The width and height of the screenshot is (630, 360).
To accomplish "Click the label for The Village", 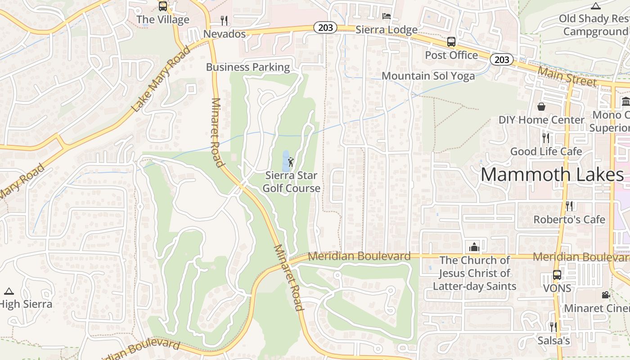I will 162,20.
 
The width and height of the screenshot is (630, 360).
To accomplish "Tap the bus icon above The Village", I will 163,6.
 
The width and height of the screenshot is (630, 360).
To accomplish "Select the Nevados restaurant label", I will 225,34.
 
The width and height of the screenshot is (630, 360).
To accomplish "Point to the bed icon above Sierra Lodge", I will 386,17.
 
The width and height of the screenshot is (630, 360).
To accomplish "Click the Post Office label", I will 451,55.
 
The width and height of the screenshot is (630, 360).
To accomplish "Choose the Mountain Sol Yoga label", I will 428,76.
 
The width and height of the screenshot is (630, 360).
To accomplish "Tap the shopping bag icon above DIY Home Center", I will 541,107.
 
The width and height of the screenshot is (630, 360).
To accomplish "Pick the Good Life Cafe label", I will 546,151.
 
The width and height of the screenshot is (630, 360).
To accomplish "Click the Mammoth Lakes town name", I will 553,175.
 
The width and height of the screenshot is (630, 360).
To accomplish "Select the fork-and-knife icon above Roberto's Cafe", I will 569,206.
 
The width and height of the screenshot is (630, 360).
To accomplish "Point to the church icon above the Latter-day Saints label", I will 474,247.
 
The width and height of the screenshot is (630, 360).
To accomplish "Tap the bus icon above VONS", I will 557,275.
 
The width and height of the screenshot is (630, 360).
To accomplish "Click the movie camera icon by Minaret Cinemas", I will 606,295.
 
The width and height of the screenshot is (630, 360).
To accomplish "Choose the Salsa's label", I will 553,341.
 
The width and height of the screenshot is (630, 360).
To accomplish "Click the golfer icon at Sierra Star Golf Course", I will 291,162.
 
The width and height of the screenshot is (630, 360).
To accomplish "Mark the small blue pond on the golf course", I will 285,160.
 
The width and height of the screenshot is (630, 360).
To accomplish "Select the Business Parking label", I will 247,67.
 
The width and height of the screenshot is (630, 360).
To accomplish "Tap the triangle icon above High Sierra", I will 9,291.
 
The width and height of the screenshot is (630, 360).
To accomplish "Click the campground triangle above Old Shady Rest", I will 596,6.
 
